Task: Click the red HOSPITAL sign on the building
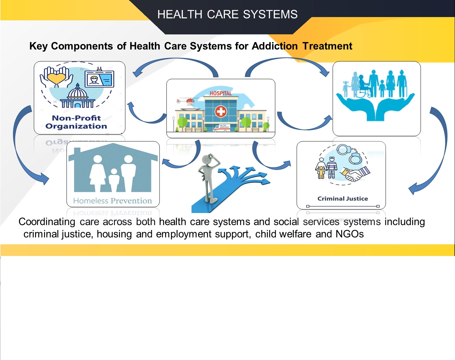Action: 221,93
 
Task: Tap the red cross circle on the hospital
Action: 221,112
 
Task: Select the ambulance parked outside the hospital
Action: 222,128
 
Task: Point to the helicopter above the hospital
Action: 187,101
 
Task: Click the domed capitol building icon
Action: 77,96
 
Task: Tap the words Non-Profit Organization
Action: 76,122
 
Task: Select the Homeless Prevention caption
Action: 113,201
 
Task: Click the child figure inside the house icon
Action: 114,180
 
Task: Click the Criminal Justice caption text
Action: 343,199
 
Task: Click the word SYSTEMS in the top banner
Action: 270,14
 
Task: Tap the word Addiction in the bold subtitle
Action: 275,46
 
